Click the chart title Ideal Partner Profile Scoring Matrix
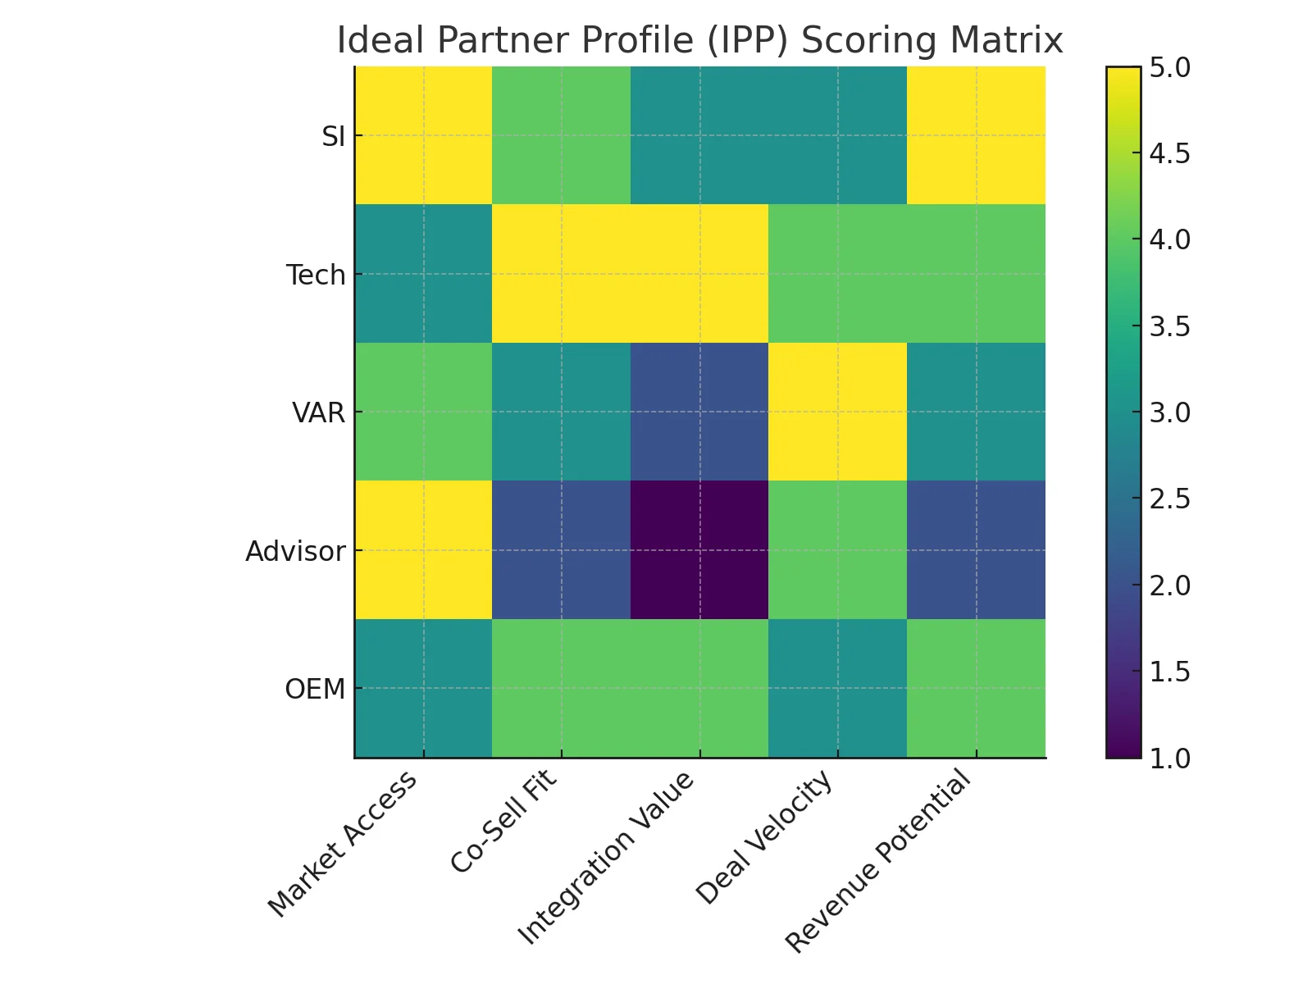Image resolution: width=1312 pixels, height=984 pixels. (x=699, y=40)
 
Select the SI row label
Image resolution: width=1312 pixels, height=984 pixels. (x=334, y=137)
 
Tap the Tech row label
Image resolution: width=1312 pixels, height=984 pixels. (x=316, y=275)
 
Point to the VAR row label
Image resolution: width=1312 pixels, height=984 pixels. (x=319, y=412)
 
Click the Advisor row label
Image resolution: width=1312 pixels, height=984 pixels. (x=295, y=551)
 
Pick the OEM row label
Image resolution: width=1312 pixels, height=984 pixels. (x=315, y=689)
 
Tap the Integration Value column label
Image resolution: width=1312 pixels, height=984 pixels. (x=607, y=858)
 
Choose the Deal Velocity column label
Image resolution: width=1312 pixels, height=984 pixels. (x=764, y=838)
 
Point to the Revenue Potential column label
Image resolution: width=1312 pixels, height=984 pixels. (x=878, y=863)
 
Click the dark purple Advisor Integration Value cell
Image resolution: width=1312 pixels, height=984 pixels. (x=699, y=550)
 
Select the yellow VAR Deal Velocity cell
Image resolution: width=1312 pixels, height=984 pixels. (x=837, y=412)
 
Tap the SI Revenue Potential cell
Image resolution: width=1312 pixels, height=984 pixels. (x=976, y=135)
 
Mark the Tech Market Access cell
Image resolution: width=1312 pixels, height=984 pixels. (x=423, y=274)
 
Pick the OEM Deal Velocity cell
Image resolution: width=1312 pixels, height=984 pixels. (x=837, y=688)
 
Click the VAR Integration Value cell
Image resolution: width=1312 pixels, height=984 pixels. (x=699, y=412)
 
